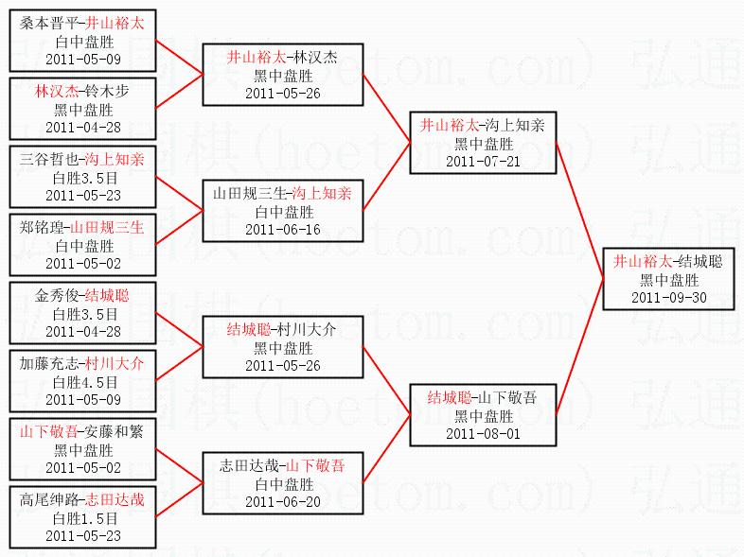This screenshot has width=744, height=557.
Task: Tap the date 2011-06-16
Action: pyautogui.click(x=282, y=230)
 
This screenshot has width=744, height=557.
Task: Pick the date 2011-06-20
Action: pyautogui.click(x=282, y=501)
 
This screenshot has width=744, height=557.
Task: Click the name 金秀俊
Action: pyautogui.click(x=58, y=295)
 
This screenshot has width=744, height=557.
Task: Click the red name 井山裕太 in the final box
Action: pyautogui.click(x=642, y=261)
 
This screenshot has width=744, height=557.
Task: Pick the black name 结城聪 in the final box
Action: pyautogui.click(x=700, y=261)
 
